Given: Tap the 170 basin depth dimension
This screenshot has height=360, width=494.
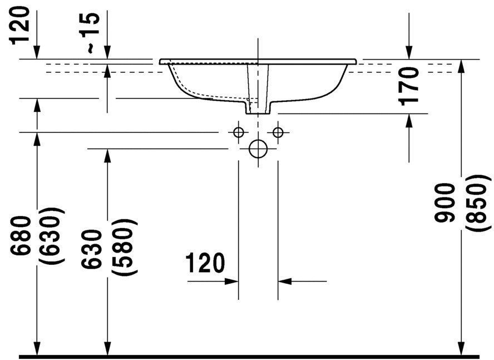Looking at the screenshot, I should click(409, 86).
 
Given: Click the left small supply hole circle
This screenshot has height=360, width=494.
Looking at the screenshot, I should click(239, 132).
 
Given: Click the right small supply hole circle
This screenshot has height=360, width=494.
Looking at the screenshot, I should click(278, 132).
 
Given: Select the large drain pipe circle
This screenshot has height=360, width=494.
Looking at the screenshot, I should click(258, 149).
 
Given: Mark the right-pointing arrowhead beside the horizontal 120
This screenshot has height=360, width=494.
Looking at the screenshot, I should click(232, 282).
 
